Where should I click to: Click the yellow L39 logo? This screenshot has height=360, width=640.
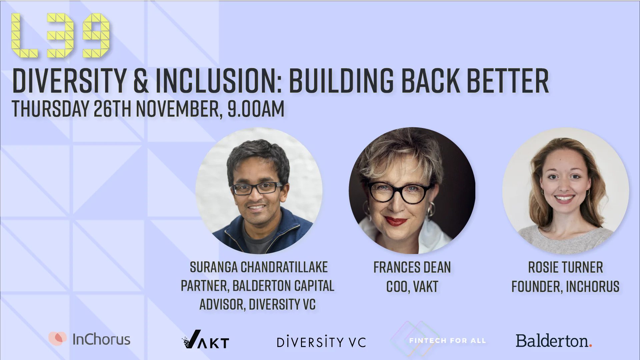(x=60, y=35)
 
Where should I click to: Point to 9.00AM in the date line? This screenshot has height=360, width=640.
(x=256, y=109)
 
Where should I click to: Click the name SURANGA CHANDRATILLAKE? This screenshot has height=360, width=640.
(x=259, y=267)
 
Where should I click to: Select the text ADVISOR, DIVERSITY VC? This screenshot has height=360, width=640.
(x=257, y=304)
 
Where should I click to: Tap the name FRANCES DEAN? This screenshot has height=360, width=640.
(x=412, y=267)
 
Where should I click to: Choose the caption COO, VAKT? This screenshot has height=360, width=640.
(x=412, y=286)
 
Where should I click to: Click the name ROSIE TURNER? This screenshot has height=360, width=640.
(x=566, y=267)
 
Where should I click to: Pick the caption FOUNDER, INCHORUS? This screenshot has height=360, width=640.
(x=566, y=286)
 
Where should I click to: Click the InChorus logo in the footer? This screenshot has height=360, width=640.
(x=89, y=339)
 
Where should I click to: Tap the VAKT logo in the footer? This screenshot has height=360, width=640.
(x=206, y=340)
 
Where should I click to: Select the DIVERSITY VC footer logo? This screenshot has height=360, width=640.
(x=321, y=341)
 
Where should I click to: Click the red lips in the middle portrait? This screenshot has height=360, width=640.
(x=396, y=221)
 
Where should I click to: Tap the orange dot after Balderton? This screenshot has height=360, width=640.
(x=590, y=346)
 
